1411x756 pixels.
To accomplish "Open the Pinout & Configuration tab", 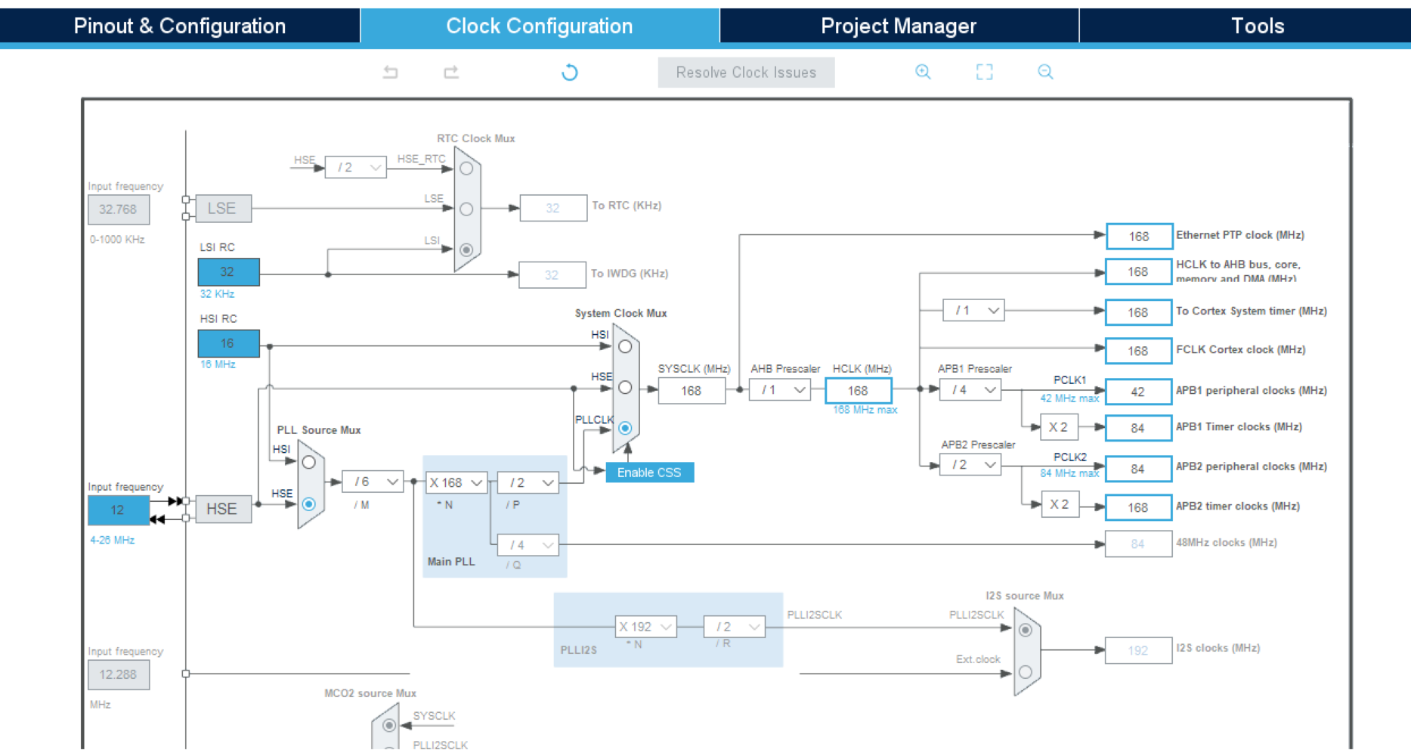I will tap(180, 26).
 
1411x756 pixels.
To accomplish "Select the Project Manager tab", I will tap(899, 26).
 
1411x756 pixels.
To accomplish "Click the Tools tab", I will tap(1258, 26).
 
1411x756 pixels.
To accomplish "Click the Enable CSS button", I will tap(649, 472).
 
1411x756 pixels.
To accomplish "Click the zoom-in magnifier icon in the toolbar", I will tap(923, 72).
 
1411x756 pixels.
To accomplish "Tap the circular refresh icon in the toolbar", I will tap(570, 73).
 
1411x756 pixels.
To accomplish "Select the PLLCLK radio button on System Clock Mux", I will tap(625, 428).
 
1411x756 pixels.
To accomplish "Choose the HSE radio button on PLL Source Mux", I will tap(308, 503).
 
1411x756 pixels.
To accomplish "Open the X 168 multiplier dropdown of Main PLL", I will tap(456, 482).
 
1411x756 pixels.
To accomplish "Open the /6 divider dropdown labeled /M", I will tap(373, 482).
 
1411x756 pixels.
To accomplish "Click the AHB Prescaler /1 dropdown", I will tap(780, 390).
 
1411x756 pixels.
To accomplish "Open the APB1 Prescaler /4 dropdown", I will tap(970, 390).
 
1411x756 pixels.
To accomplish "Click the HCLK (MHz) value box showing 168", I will tap(858, 391).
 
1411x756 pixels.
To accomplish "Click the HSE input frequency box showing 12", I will tap(118, 510).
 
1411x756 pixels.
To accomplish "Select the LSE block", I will tap(222, 209).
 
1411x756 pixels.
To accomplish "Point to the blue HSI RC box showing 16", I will tap(228, 343).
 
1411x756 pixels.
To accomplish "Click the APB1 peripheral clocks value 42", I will tap(1138, 392).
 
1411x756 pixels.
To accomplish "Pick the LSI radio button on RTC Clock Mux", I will tap(466, 249).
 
